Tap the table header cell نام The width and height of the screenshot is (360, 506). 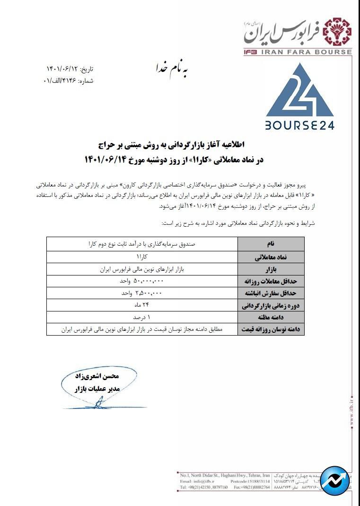pyautogui.click(x=271, y=244)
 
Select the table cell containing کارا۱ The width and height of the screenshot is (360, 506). pyautogui.click(x=142, y=256)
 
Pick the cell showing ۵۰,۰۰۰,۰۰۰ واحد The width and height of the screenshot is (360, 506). pyautogui.click(x=142, y=281)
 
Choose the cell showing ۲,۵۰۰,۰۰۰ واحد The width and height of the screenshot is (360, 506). pyautogui.click(x=142, y=293)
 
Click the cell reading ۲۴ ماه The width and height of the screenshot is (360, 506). pyautogui.click(x=142, y=305)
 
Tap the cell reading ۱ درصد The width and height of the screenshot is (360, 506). pyautogui.click(x=142, y=317)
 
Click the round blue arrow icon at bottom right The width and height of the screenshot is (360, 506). pyautogui.click(x=335, y=481)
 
